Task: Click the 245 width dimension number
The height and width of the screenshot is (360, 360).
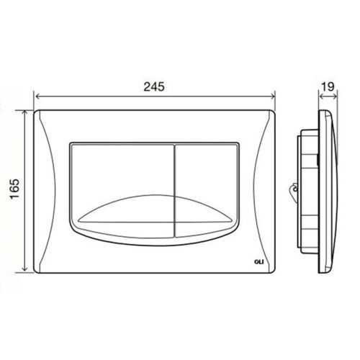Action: click(x=153, y=86)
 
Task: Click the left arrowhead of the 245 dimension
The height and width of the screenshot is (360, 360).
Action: click(x=37, y=96)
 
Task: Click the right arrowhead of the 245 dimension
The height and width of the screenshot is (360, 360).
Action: click(x=274, y=96)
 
